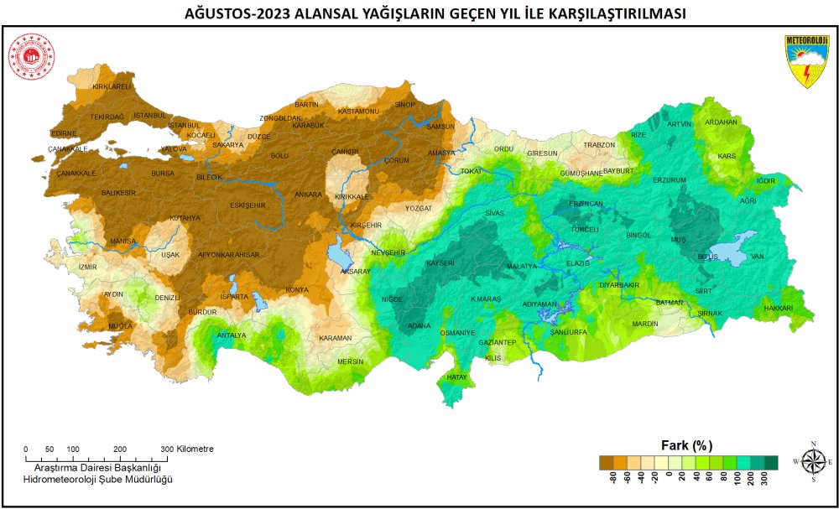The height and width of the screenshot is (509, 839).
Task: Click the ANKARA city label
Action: pyautogui.click(x=308, y=195)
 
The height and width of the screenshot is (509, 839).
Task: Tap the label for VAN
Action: pyautogui.click(x=758, y=256)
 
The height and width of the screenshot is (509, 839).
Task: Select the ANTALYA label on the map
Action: pyautogui.click(x=232, y=335)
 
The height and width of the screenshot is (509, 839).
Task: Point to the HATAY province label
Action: pyautogui.click(x=457, y=377)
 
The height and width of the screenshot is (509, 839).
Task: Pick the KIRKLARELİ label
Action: pyautogui.click(x=112, y=86)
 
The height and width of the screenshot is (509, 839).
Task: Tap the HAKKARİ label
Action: pyautogui.click(x=778, y=309)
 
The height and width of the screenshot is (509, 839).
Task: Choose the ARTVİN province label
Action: pyautogui.click(x=680, y=124)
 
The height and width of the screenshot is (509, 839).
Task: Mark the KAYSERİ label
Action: pyautogui.click(x=440, y=262)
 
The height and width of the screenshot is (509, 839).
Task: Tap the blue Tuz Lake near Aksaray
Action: pyautogui.click(x=341, y=252)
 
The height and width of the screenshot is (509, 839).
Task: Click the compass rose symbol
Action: pyautogui.click(x=812, y=461)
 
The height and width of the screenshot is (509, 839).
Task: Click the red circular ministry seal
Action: pyautogui.click(x=31, y=57)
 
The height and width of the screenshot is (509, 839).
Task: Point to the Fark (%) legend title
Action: pyautogui.click(x=688, y=444)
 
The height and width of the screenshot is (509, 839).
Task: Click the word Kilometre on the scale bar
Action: pyautogui.click(x=195, y=449)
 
